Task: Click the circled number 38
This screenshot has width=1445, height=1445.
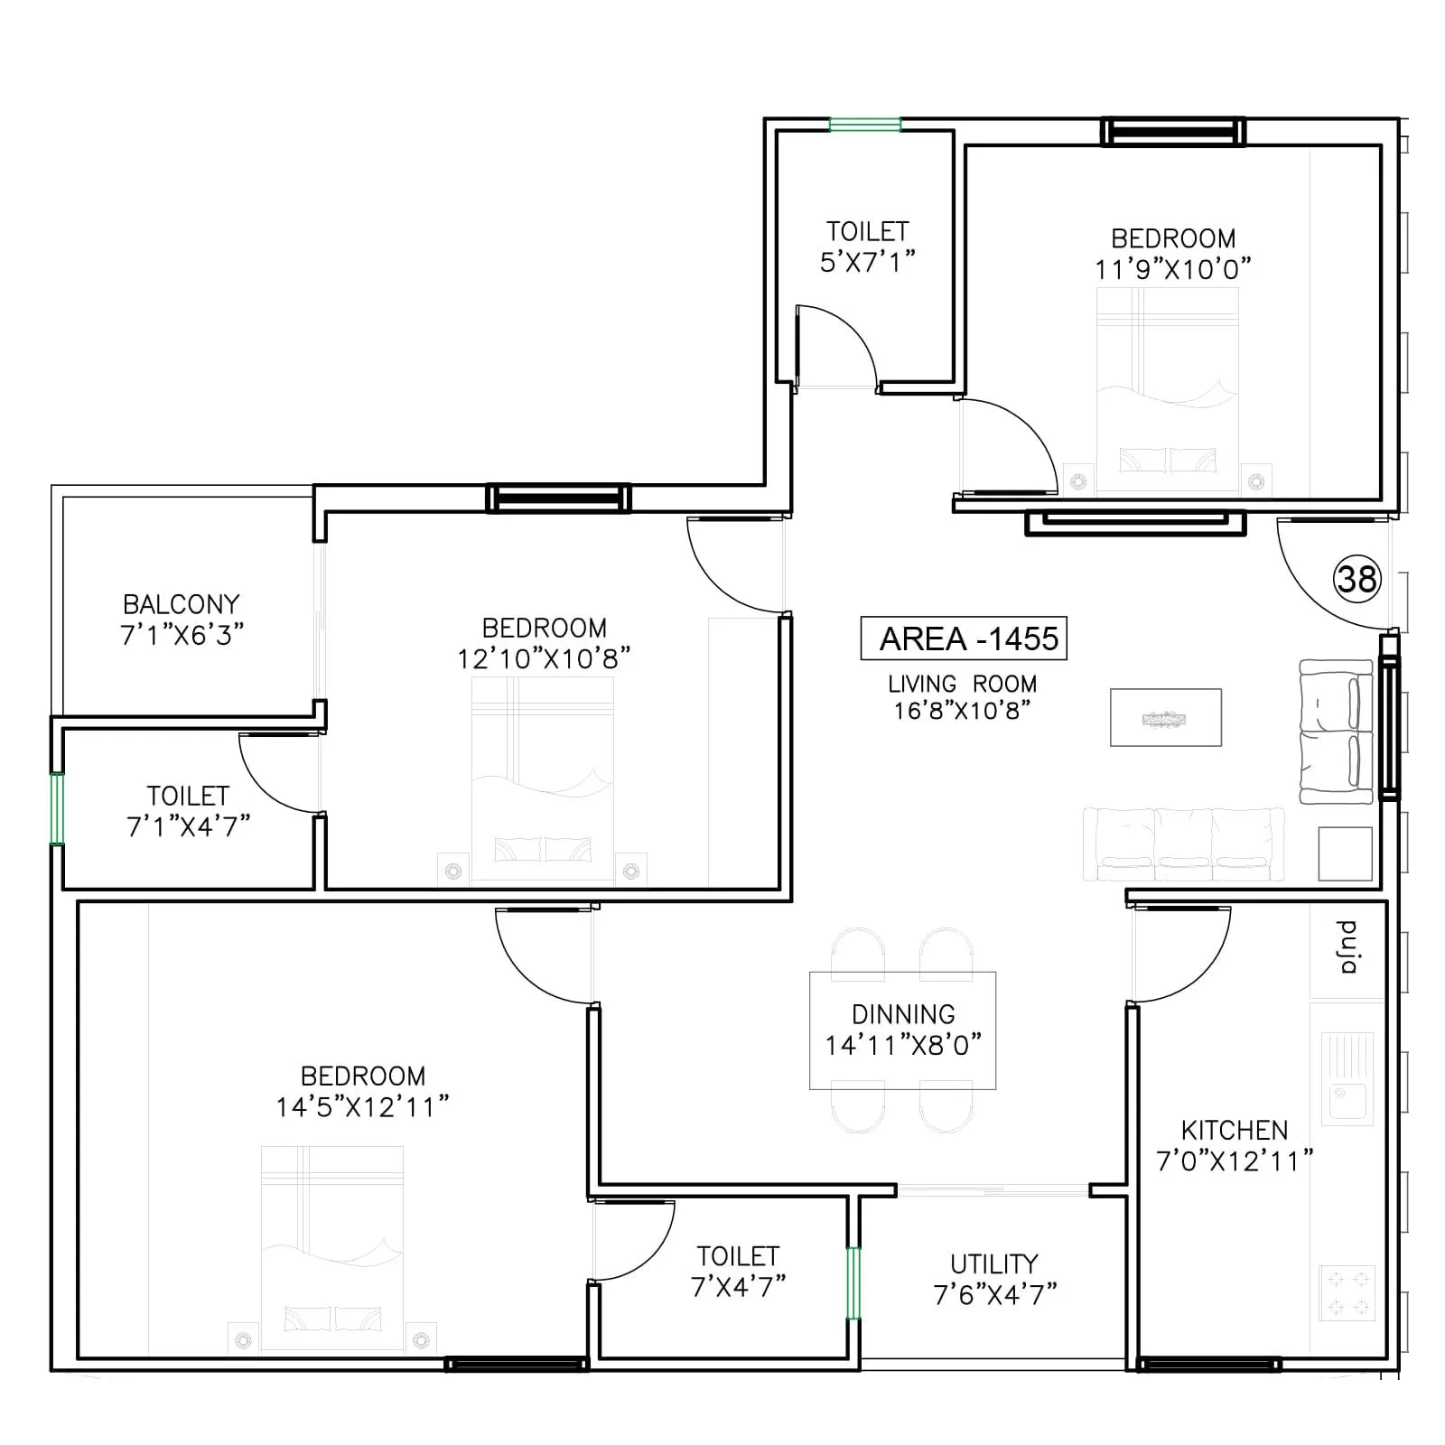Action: click(1356, 579)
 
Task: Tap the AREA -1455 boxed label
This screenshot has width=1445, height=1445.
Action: click(964, 639)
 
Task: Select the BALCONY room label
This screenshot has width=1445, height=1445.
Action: click(182, 603)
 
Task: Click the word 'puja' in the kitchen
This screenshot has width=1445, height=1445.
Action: click(1347, 947)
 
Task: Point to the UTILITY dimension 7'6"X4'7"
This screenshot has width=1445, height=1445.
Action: click(995, 1294)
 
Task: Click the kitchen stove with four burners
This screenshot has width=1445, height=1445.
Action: click(1347, 1293)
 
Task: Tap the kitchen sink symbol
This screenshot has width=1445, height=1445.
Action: click(1347, 1080)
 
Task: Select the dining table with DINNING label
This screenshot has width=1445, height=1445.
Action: click(903, 1030)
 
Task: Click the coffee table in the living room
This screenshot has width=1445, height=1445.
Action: click(1165, 718)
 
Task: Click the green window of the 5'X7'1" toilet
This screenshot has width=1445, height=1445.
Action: click(865, 126)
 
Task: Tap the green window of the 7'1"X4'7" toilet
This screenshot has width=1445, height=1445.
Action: click(57, 808)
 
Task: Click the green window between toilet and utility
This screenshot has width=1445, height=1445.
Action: click(853, 1283)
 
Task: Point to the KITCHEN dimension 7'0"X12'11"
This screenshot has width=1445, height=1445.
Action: click(1235, 1161)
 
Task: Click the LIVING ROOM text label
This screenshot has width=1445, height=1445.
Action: click(962, 684)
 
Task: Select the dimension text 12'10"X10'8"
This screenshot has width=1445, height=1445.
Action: click(544, 658)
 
